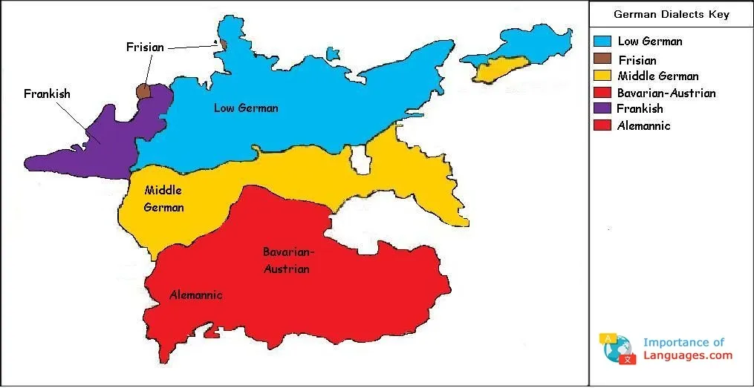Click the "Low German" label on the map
pos(246,108)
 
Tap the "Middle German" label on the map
pos(163,199)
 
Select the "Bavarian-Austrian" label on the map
pos(287,260)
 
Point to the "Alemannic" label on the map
pos(195,295)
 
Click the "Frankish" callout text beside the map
pos(47,94)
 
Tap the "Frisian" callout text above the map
pos(145,47)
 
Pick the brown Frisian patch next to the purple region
pos(143,91)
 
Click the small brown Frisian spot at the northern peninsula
pos(222,45)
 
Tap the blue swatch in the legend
pos(602,42)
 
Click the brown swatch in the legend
pos(602,59)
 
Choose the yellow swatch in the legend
pos(602,76)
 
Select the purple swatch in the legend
pos(602,109)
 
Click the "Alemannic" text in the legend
pos(643,126)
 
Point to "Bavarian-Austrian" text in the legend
pos(666,93)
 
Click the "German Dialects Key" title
pos(671,15)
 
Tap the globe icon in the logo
pos(618,349)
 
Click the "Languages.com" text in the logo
pos(687,355)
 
